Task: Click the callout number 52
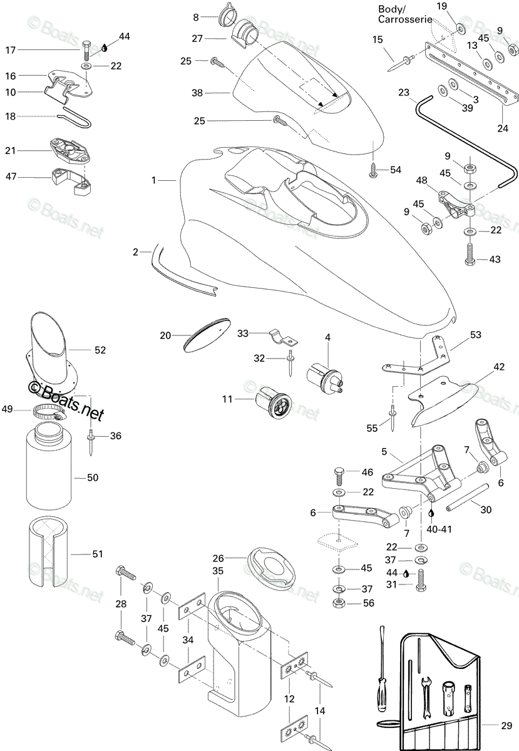[x=100, y=350]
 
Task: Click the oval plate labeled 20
[x=207, y=334]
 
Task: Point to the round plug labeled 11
[x=273, y=402]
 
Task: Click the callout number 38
[x=197, y=93]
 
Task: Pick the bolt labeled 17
[x=86, y=50]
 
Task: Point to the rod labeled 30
[x=467, y=495]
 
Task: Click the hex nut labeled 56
[x=339, y=603]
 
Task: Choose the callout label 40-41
[x=439, y=529]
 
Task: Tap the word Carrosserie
[x=405, y=19]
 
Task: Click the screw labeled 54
[x=373, y=170]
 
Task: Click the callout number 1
[x=153, y=180]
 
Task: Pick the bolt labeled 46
[x=339, y=476]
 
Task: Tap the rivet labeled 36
[x=91, y=442]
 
